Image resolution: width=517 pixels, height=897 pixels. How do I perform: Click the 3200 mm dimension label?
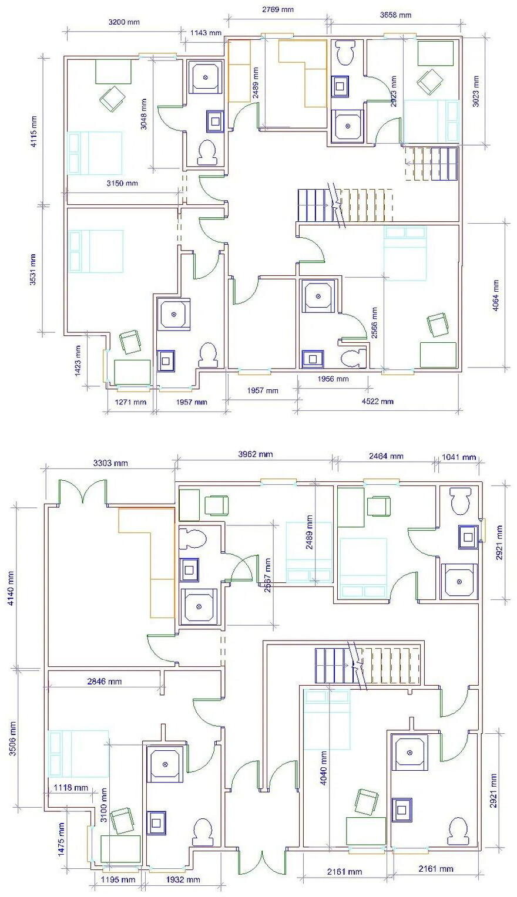pos(125,23)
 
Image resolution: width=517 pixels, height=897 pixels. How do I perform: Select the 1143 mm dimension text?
pos(206,33)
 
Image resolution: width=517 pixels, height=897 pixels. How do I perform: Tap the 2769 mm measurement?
pos(277,9)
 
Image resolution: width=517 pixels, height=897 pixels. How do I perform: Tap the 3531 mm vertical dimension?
pos(33,269)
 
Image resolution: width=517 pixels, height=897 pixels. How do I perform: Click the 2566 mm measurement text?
pos(374,323)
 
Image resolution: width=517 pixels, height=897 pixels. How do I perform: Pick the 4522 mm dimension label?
pos(377,402)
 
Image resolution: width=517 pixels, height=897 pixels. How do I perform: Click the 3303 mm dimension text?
pos(111,463)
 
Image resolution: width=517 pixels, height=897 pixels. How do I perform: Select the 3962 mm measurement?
pos(255,454)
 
